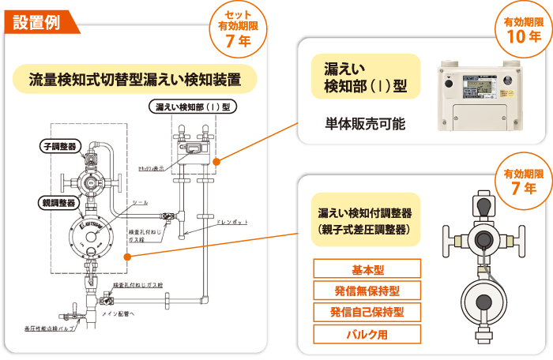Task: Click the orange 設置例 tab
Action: point(35,21)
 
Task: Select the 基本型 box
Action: point(367,269)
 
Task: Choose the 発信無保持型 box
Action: point(367,291)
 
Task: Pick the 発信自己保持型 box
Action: point(367,312)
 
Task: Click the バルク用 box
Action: point(367,333)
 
